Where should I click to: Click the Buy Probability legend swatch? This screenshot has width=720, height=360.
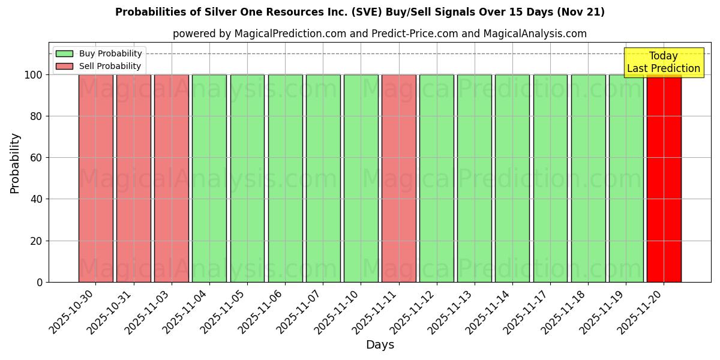click(64, 53)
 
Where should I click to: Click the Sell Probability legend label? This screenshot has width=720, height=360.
click(110, 66)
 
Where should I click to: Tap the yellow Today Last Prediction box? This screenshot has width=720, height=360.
click(663, 62)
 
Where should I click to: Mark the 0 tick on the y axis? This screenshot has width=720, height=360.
click(40, 282)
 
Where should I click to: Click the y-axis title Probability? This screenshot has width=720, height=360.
click(15, 163)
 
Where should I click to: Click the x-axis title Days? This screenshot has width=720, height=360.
click(380, 345)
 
